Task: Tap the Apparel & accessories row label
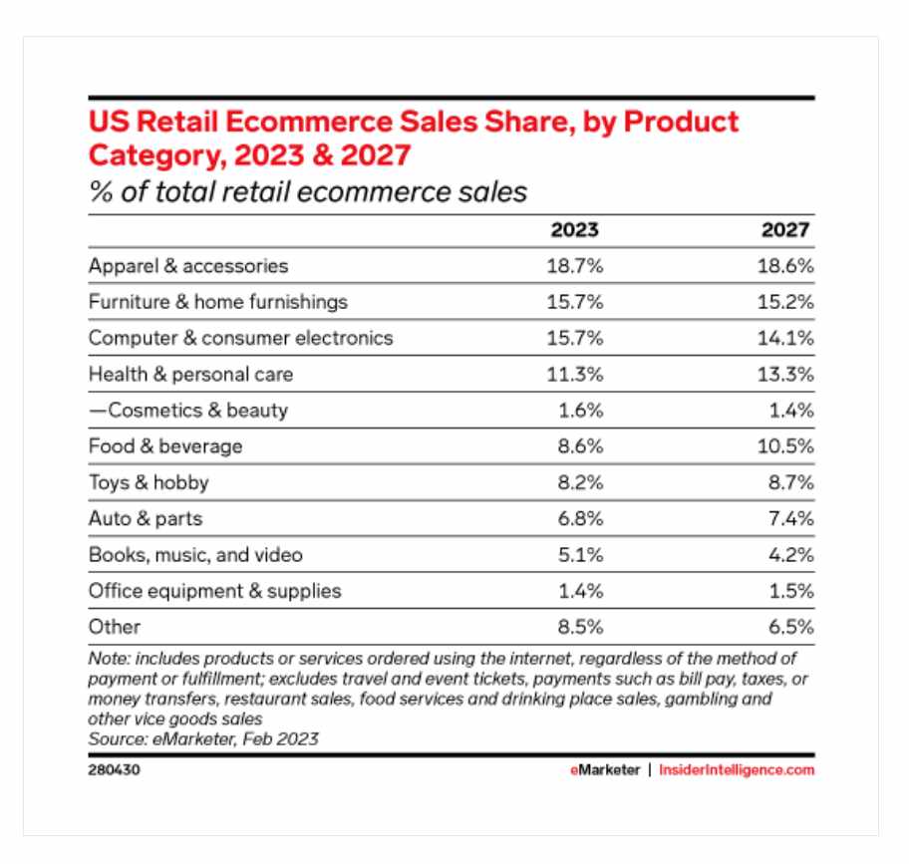click(188, 266)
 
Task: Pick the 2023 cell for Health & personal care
click(574, 375)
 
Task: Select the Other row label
click(115, 627)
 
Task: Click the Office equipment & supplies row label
click(214, 591)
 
